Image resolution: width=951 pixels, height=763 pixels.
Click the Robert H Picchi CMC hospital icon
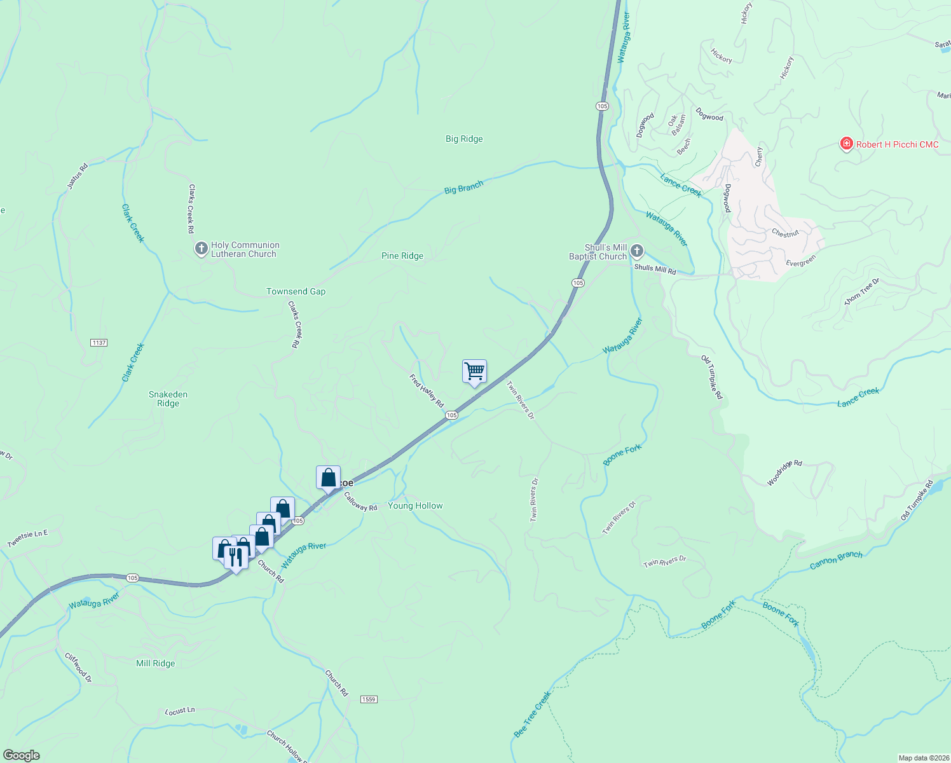pos(846,144)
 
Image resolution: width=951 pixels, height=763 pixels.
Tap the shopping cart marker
pos(474,371)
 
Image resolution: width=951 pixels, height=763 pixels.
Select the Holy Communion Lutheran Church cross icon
pos(201,249)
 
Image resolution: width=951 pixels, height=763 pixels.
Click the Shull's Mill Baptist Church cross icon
pos(636,251)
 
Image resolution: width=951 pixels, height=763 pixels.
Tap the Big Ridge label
pos(464,139)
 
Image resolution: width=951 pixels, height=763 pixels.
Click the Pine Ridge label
pos(402,256)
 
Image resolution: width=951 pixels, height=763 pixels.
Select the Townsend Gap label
pos(296,291)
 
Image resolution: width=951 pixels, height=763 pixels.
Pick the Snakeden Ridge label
pos(168,399)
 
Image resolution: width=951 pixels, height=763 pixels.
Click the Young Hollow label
pos(415,505)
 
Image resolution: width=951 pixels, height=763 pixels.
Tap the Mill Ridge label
pos(155,663)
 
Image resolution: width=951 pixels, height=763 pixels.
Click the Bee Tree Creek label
pos(532,715)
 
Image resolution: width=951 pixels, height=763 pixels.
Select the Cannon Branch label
pos(836,560)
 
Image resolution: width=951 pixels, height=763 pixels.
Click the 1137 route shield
pos(99,343)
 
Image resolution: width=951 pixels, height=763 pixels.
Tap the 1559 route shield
pos(369,699)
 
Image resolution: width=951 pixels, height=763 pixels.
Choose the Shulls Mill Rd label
pos(655,270)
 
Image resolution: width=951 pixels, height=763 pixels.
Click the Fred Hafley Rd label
pos(426,390)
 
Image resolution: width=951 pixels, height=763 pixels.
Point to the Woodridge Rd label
pos(784,473)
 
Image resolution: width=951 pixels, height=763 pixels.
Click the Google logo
pos(21,755)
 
